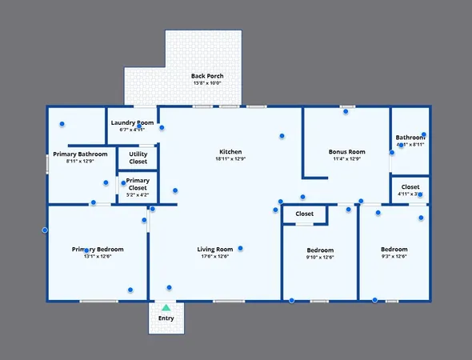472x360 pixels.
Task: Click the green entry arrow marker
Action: point(166,307)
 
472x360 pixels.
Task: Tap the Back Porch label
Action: point(206,76)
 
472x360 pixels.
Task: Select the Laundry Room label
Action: point(132,122)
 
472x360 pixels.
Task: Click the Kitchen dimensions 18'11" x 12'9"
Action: point(230,159)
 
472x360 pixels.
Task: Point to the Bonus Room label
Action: point(346,151)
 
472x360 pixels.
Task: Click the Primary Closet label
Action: point(138,184)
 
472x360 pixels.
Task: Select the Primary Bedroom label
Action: point(98,249)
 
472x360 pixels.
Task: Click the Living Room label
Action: point(215,249)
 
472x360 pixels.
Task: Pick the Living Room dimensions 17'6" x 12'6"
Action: point(215,257)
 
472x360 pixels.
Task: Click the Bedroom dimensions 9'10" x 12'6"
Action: point(320,257)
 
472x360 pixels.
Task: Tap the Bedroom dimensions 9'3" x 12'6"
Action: point(394,257)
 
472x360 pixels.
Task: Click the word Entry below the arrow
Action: point(166,318)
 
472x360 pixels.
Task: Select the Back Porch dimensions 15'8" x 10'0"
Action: point(206,83)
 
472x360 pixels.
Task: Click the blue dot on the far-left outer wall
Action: point(45,230)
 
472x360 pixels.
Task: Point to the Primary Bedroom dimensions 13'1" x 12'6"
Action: point(98,257)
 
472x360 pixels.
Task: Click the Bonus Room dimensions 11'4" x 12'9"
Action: point(346,159)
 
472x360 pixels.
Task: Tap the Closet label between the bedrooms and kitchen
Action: point(305,214)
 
